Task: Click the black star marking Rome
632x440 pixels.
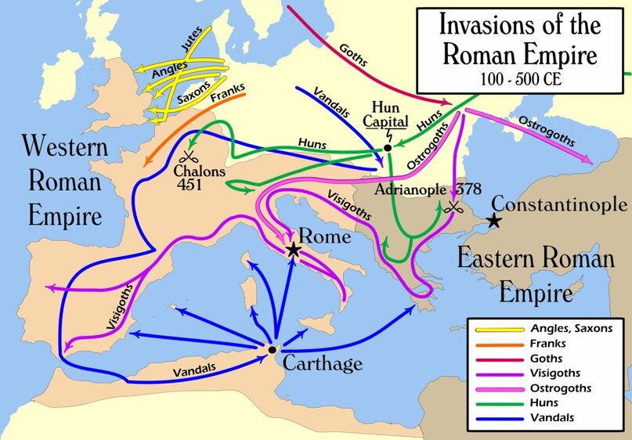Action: point(294,250)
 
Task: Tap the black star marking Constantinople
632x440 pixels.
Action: point(493,222)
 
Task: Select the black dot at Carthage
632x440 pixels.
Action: point(271,349)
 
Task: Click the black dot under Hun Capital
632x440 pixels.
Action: point(388,146)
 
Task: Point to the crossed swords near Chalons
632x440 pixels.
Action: point(187,156)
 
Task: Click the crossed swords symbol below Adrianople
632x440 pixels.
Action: point(453,207)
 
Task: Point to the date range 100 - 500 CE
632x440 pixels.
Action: point(518,79)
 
